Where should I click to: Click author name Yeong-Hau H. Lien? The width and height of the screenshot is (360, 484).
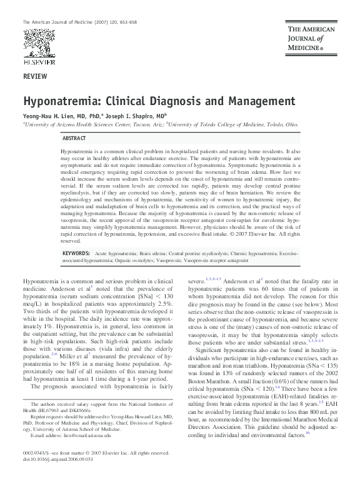point(52,116)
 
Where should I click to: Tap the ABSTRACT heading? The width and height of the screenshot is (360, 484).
point(74,138)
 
